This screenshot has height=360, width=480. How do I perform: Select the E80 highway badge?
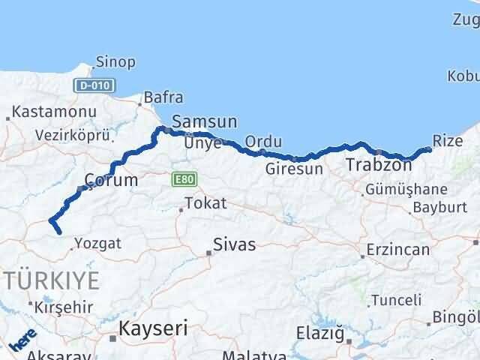click(180, 179)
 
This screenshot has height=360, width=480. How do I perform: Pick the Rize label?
click(448, 140)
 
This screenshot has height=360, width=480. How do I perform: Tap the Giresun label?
click(294, 169)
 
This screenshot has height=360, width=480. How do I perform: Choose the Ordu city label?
click(263, 141)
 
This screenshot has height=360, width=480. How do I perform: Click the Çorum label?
click(111, 181)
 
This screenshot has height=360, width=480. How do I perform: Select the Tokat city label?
click(205, 202)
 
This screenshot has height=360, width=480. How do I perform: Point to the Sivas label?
click(234, 244)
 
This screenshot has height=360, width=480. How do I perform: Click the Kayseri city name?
click(153, 328)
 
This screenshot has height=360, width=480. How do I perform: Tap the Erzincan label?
click(398, 250)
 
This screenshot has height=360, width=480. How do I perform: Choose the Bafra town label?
click(163, 97)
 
